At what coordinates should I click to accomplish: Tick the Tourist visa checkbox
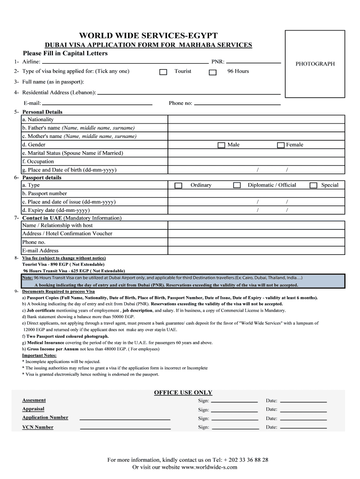point(163,72)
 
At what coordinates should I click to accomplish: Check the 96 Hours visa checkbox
point(213,72)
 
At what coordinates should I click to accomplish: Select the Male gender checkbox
point(221,145)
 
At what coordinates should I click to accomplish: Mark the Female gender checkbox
point(281,145)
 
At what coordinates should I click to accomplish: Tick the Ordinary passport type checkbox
point(178,186)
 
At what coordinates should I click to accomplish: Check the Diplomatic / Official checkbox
point(237,186)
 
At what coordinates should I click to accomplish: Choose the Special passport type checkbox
point(313,186)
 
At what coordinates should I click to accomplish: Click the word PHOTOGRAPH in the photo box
point(315,64)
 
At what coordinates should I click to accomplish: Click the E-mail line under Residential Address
point(98,103)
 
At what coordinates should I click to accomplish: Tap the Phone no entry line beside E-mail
point(237,103)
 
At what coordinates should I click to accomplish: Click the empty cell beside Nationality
point(256,120)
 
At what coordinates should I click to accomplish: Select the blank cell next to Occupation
point(256,161)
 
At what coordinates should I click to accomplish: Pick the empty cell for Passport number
point(256,194)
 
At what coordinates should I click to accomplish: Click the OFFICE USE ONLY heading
point(183,392)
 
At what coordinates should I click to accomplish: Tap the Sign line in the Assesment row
point(234,401)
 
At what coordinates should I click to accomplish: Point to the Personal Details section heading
point(42,112)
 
